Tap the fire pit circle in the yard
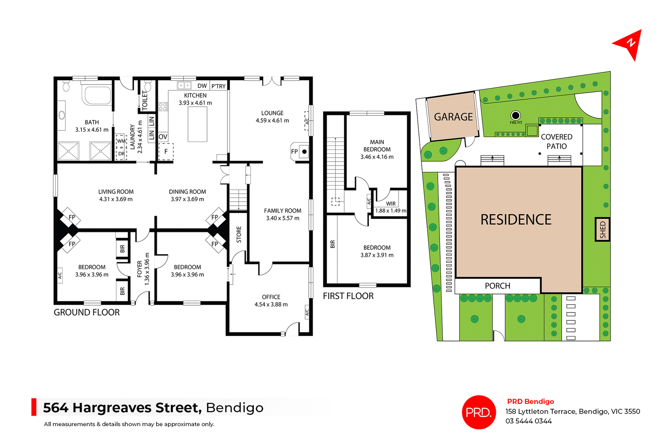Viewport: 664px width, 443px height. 515,115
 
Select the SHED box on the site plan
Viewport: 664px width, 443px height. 602,229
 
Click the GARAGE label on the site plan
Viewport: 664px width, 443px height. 453,117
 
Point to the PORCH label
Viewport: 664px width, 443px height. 497,286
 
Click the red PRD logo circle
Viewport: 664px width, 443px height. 479,412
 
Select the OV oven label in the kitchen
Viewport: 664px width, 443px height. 163,137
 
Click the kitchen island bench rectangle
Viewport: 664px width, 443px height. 197,124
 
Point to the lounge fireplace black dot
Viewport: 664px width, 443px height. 304,151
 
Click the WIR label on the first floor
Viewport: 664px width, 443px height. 391,204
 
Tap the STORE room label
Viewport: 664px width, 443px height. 239,234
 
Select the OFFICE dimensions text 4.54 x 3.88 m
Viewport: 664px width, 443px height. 271,304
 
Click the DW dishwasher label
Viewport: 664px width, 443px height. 202,86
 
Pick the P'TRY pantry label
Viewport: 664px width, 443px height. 218,86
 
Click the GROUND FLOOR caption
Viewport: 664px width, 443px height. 86,312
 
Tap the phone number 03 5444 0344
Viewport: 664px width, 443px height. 528,421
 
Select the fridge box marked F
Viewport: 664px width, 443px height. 166,151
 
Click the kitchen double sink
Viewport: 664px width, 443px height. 184,85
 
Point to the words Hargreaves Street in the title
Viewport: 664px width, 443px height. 137,408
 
